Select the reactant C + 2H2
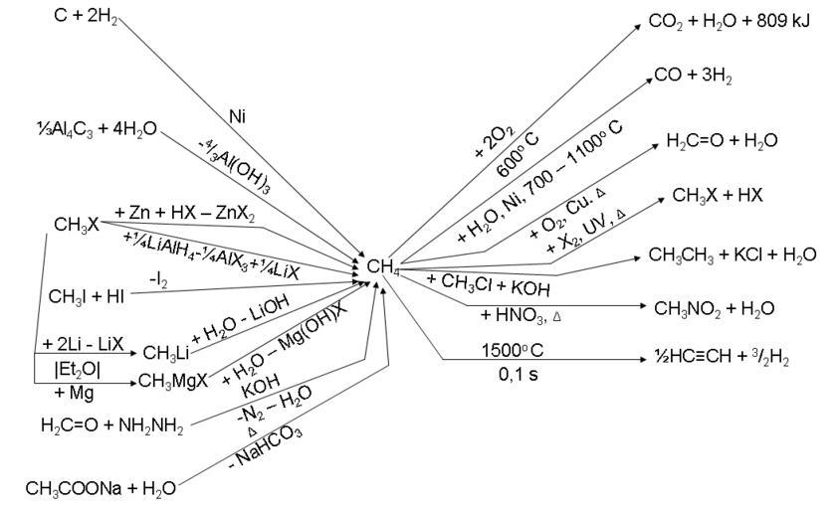pos(83,17)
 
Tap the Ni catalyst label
pos(237,117)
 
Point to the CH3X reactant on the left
pos(77,226)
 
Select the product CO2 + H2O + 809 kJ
pos(717,20)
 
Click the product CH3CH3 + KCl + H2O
pos(732,254)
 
